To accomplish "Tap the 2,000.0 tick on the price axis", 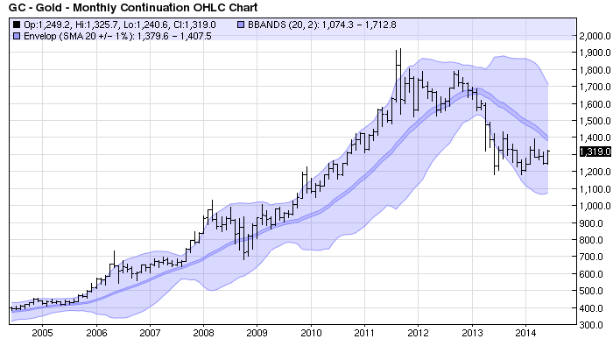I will click(592, 36).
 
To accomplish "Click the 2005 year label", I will click(42, 333).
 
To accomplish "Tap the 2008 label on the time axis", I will click(203, 333).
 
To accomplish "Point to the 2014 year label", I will click(525, 333).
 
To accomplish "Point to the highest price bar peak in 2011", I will click(400, 49).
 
